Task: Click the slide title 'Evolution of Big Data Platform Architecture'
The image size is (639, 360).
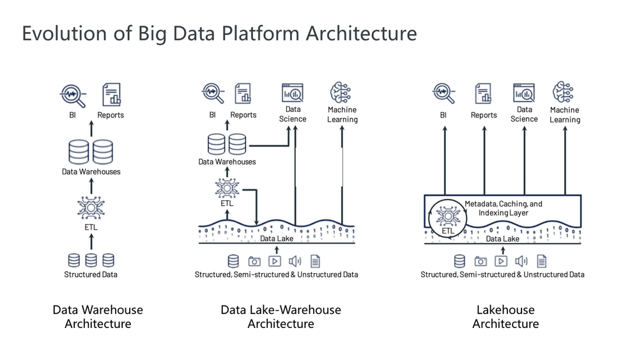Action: click(219, 33)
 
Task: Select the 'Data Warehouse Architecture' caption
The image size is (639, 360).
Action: click(98, 317)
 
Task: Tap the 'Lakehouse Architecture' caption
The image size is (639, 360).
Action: click(505, 317)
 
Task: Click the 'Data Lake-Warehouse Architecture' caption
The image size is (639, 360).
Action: click(281, 317)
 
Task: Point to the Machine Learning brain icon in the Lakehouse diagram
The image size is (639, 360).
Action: click(564, 93)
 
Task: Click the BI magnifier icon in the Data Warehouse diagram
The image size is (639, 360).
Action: click(73, 95)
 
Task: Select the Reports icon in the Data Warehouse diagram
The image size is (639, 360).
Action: click(111, 95)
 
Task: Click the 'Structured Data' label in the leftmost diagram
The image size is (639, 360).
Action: click(91, 274)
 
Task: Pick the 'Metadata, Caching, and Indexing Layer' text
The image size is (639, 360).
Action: click(503, 208)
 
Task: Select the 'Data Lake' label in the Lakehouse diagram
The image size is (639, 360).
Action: click(502, 239)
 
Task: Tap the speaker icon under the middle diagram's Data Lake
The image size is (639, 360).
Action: click(295, 261)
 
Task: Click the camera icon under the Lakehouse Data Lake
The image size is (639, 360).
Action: click(481, 261)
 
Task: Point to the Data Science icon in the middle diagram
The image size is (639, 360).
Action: click(293, 93)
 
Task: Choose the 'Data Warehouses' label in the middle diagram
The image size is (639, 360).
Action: click(227, 162)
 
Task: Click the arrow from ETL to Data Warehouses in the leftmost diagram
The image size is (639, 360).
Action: click(91, 185)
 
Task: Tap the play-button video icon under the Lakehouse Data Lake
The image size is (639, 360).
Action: click(501, 261)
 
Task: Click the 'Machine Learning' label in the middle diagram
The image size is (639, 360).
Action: click(343, 114)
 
